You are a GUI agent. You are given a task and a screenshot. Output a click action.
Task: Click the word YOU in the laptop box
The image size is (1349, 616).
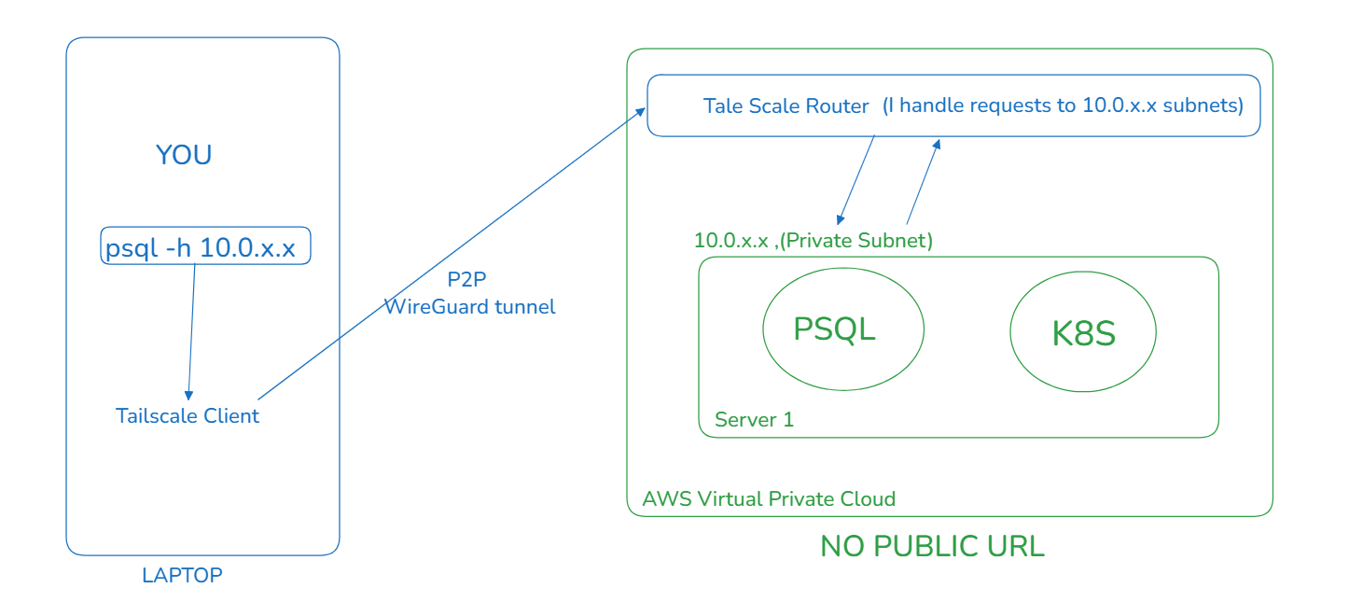184,155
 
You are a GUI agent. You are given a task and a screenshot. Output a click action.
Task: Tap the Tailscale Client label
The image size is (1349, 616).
188,416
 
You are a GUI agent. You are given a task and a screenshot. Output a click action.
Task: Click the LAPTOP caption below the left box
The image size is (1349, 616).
182,575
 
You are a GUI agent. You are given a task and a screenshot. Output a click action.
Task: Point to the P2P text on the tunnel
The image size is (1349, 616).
466,279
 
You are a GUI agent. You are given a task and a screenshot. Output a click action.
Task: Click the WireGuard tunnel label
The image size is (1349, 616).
470,307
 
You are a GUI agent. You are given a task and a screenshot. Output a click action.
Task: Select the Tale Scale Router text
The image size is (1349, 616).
786,106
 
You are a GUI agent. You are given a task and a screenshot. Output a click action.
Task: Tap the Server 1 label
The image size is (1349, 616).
754,419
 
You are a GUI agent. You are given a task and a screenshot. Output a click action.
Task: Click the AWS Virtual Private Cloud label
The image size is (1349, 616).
769,499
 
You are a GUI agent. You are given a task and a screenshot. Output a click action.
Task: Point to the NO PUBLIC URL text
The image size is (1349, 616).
932,547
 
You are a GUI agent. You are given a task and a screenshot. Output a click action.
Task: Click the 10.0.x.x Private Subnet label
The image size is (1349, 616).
813,241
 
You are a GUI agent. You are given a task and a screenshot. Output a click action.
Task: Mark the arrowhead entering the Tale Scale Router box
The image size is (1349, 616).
641,112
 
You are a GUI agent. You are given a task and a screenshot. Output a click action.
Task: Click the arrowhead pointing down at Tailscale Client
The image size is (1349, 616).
189,396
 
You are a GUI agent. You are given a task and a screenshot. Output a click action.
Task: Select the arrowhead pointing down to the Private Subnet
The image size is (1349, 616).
841,219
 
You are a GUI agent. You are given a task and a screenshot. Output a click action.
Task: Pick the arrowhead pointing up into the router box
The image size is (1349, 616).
937,144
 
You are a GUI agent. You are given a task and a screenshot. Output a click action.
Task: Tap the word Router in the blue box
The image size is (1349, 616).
837,106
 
